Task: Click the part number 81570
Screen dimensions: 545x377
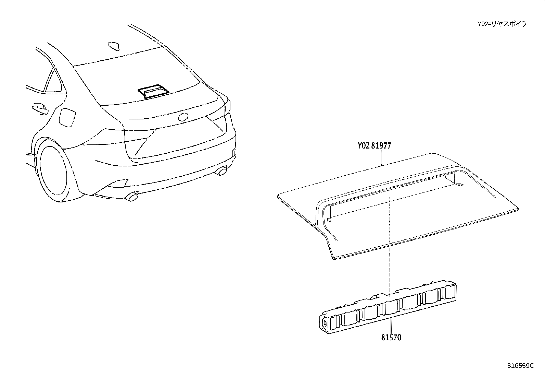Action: tap(391, 338)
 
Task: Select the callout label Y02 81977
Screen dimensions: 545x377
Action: tap(374, 145)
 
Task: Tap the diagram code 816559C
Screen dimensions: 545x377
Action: tap(521, 366)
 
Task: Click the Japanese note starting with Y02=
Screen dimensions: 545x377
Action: tap(502, 24)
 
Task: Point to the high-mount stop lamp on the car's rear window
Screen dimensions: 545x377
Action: tap(153, 92)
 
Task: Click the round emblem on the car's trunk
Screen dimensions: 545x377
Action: tap(183, 117)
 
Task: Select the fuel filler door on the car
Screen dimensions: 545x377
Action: tap(67, 118)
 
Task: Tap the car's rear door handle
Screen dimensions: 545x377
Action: tap(40, 109)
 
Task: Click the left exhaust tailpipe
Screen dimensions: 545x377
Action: tap(131, 197)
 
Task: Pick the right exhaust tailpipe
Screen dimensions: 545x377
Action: tap(221, 171)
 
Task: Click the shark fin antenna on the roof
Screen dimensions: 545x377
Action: tap(114, 46)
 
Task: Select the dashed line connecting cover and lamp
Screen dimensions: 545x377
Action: tap(390, 247)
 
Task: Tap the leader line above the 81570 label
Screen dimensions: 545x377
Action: tap(391, 326)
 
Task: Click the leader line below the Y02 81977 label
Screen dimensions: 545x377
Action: tap(381, 157)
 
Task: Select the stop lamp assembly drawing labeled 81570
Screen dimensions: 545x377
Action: tap(388, 307)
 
